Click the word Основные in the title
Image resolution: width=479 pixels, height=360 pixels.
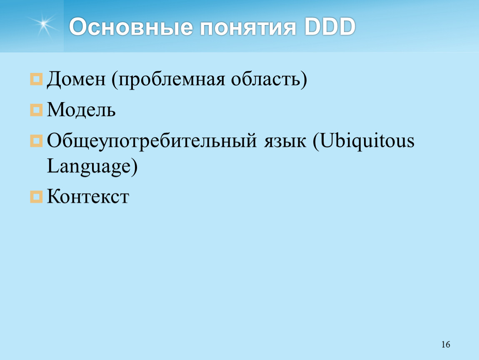[x=131, y=27]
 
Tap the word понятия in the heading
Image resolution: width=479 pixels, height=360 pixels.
[x=248, y=27]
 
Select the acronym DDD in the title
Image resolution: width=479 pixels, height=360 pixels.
[x=330, y=27]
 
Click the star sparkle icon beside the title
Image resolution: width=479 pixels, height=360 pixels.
[x=43, y=25]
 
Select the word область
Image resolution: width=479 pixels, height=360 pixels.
[x=266, y=79]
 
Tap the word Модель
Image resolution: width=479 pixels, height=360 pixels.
[x=81, y=110]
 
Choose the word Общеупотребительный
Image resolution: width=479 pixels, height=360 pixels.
[x=152, y=141]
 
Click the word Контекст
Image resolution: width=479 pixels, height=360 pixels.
[x=88, y=196]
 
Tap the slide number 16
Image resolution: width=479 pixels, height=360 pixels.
[x=446, y=345]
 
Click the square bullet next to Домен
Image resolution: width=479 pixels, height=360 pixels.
[x=36, y=79]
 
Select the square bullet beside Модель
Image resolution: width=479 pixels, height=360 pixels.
[x=36, y=110]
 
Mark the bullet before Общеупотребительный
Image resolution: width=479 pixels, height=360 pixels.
[x=36, y=141]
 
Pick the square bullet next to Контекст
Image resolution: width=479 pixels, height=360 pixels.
[x=36, y=197]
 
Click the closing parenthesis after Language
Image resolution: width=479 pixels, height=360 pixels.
[x=135, y=167]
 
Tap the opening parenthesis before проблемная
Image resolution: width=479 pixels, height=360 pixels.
[x=115, y=80]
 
